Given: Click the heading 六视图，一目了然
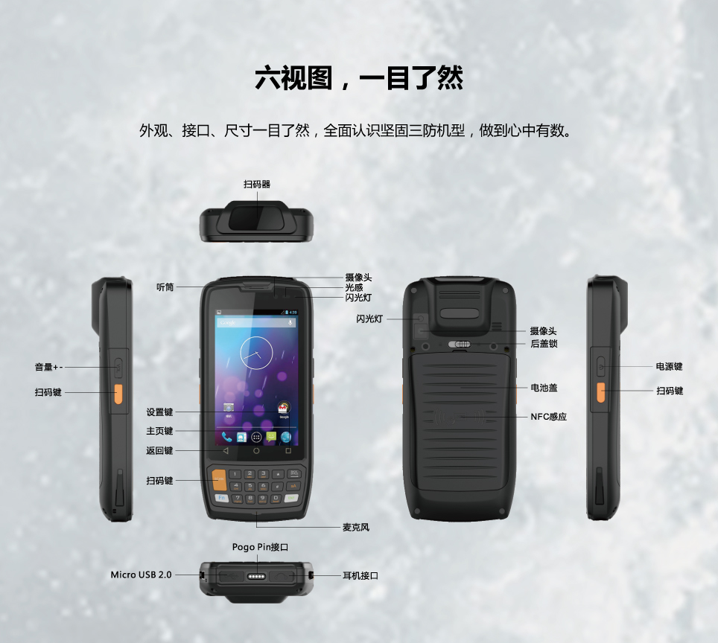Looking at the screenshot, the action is [x=359, y=78].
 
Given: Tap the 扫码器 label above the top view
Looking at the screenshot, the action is [x=257, y=184].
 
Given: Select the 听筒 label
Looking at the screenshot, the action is [x=165, y=287].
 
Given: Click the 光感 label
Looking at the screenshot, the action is [x=354, y=287].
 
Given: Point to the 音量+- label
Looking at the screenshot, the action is [x=48, y=367].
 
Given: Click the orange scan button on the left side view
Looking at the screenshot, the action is [x=118, y=394].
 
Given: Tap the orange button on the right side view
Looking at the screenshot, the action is [x=601, y=393].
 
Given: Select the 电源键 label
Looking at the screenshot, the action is [x=669, y=366].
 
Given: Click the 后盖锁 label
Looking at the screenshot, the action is [x=544, y=343].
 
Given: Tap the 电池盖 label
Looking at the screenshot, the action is [x=544, y=388].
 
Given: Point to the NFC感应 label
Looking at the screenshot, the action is [x=549, y=417].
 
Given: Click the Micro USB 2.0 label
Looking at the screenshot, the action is [x=141, y=575].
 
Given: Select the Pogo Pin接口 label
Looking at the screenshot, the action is [x=260, y=547].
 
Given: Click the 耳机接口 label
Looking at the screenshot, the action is [x=360, y=575].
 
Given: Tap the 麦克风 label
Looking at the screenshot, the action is [x=356, y=527].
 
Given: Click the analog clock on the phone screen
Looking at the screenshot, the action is [x=256, y=353].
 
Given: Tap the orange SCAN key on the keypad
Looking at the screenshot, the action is [x=219, y=479].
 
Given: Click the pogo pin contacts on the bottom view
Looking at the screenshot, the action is [x=256, y=576].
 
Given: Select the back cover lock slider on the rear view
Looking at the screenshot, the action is [x=460, y=344].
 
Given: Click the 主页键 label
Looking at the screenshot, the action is [x=159, y=431].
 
